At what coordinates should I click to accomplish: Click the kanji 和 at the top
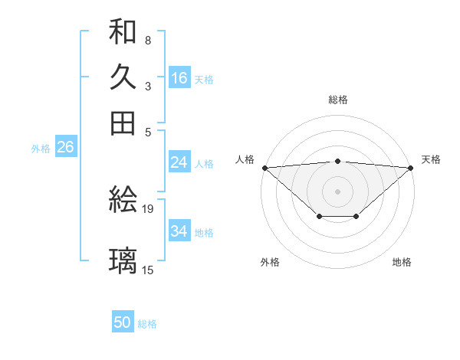tap(123, 31)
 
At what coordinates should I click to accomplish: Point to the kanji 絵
tap(123, 201)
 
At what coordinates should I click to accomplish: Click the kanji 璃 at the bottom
tap(123, 260)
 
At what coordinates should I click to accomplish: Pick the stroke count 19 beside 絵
tap(148, 208)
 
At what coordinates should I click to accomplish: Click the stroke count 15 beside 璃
tap(148, 270)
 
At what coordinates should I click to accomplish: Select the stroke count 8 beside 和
tap(147, 40)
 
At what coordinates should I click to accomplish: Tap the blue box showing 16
tap(179, 78)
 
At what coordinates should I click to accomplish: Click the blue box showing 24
tap(179, 162)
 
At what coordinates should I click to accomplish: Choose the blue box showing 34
tap(179, 231)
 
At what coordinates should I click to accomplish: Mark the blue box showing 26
tap(64, 148)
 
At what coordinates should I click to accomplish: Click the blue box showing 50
tap(123, 323)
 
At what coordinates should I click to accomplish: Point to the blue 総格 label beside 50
tap(147, 324)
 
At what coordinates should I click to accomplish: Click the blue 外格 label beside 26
tap(41, 149)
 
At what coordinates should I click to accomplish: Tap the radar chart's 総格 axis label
tap(338, 100)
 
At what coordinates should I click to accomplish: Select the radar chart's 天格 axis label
tap(431, 159)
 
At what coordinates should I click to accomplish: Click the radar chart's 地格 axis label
tap(402, 262)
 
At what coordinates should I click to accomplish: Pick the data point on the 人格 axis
tap(264, 167)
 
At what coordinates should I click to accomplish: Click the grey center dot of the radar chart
tap(338, 191)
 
